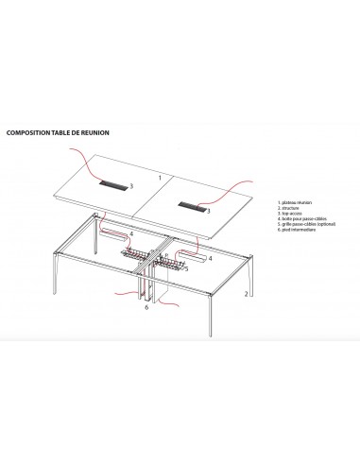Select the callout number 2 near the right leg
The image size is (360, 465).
[x=246, y=295]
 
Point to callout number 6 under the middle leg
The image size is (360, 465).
[x=146, y=307]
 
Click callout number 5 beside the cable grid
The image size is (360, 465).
[x=185, y=268]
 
